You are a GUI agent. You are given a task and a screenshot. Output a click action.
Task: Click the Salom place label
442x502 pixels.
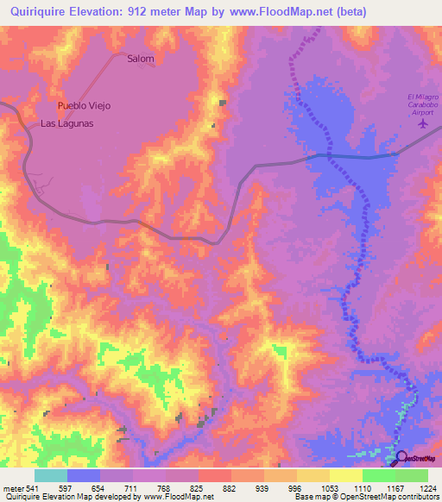(140, 59)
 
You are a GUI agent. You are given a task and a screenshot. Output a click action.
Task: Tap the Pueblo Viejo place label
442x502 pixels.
(84, 105)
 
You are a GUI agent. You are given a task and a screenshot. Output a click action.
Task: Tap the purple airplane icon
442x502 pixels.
(423, 122)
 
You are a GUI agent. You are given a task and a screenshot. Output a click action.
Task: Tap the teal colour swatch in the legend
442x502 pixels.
(50, 475)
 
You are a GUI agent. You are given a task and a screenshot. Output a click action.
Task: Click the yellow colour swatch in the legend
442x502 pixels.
(345, 475)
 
